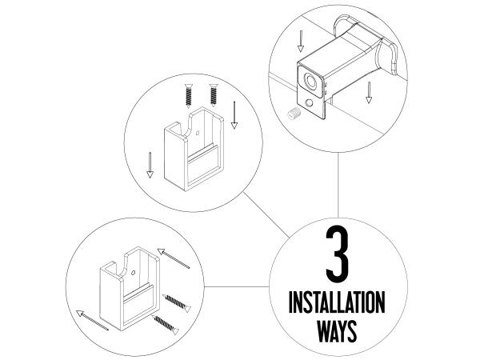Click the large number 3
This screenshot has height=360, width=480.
[337, 254]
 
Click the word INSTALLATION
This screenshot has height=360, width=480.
[337, 302]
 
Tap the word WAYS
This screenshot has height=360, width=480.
[337, 331]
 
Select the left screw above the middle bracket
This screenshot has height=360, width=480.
[189, 96]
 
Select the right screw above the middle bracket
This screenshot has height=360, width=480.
[214, 95]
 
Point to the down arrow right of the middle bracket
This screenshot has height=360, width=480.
[234, 115]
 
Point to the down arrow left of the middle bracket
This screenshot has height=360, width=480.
[150, 165]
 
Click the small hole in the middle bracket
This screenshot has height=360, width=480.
[198, 133]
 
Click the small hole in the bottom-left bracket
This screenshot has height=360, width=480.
[133, 273]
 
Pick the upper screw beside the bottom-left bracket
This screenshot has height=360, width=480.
[176, 302]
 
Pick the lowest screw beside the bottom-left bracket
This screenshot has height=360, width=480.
[166, 325]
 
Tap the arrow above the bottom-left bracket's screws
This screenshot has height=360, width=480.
[174, 258]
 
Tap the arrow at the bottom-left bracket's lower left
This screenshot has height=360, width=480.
[92, 320]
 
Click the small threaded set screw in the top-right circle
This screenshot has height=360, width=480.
[294, 114]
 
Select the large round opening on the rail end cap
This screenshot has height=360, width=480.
[311, 82]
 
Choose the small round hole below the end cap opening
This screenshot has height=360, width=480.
[309, 103]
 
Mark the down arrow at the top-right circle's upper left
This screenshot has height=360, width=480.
[301, 41]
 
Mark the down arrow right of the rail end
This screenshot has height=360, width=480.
[369, 92]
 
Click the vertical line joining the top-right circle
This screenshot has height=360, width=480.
[338, 186]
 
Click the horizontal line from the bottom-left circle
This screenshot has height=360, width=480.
[237, 287]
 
